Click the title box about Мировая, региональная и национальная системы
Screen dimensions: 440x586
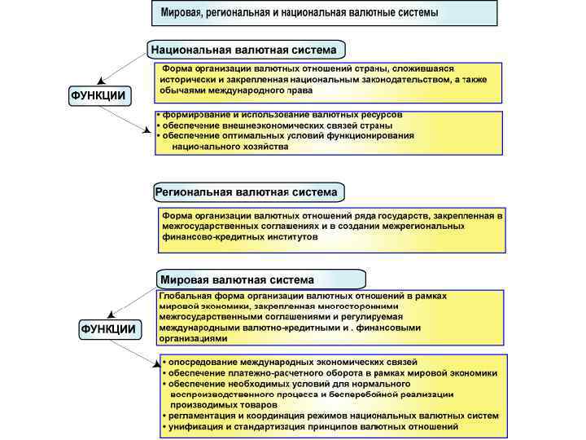[x=324, y=13]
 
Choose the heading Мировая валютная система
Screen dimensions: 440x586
[x=237, y=279]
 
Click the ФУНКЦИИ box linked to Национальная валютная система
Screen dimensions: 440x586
[x=98, y=95]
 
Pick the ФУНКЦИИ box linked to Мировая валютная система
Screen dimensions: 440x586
[x=109, y=329]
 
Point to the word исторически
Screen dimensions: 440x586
[x=188, y=80]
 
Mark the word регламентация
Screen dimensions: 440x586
[x=202, y=416]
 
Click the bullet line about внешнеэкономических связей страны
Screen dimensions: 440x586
[x=277, y=125]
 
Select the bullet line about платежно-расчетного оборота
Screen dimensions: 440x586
[x=330, y=372]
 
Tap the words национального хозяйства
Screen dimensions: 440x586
[x=230, y=147]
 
